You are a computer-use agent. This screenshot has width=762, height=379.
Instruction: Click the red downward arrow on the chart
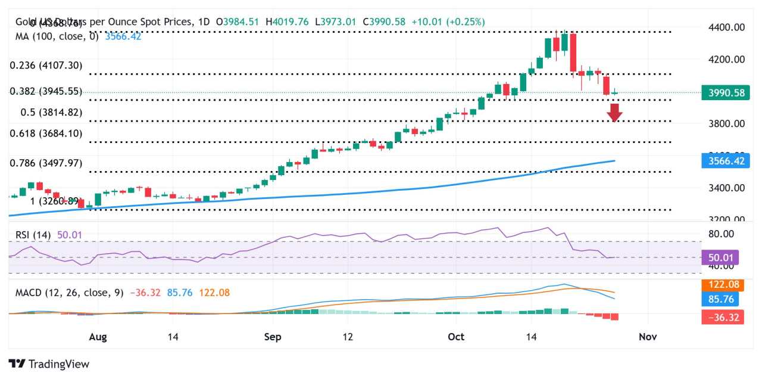coord(615,112)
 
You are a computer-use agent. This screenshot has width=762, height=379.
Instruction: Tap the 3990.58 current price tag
coord(724,93)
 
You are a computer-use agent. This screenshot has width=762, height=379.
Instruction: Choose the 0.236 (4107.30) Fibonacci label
coord(46,66)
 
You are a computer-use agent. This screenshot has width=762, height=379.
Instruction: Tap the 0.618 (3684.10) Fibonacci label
coord(46,133)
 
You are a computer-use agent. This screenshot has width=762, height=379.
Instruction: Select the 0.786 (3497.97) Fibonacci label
coord(46,163)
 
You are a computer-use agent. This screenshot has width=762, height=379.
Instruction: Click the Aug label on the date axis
coord(98,337)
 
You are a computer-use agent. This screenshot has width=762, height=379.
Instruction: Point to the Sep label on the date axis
coord(273,337)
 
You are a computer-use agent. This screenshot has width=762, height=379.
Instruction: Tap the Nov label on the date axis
coord(648,337)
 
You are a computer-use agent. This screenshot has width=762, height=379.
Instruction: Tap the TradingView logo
coord(49,364)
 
